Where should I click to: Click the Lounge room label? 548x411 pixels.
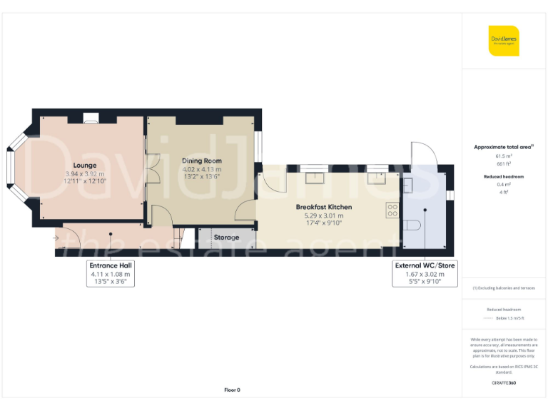click(84, 165)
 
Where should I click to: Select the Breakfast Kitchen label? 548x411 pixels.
click(323, 207)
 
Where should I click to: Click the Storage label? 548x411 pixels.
click(226, 237)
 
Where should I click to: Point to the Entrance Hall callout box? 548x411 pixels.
click(111, 273)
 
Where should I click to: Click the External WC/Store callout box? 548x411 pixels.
click(425, 273)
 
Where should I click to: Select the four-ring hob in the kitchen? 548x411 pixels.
click(392, 210)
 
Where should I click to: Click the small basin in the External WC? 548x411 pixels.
click(407, 186)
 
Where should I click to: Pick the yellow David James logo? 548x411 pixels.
click(504, 41)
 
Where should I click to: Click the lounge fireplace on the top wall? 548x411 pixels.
click(91, 120)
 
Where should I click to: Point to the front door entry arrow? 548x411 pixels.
click(56, 237)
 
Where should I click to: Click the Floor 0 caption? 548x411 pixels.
click(232, 390)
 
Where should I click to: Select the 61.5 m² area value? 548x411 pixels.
click(504, 156)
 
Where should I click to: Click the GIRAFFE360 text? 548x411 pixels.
click(504, 383)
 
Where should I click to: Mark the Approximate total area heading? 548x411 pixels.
click(504, 147)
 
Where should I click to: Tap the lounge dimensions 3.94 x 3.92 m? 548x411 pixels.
click(84, 173)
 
